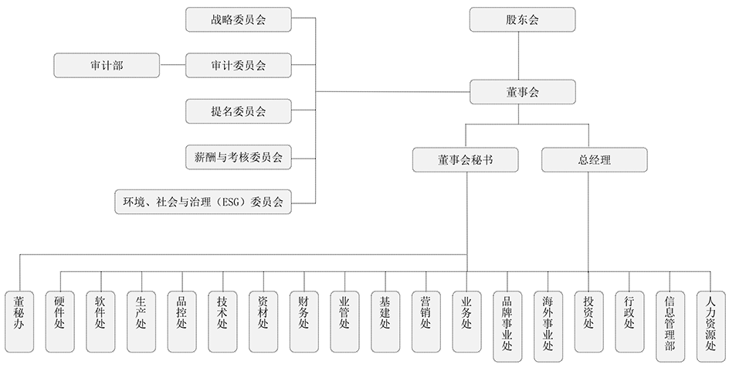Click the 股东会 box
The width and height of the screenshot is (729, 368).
tap(522, 19)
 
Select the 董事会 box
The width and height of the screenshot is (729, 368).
tap(522, 92)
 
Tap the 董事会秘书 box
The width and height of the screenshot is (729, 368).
tap(466, 160)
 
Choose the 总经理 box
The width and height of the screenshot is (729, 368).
tap(595, 160)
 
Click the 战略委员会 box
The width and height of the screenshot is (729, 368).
tap(239, 19)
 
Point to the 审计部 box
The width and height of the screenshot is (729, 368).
tap(107, 65)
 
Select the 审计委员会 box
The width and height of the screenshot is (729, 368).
tap(239, 65)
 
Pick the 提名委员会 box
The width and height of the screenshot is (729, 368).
tap(239, 111)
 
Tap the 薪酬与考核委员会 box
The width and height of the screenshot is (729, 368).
tap(239, 157)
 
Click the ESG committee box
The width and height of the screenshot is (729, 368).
tap(203, 202)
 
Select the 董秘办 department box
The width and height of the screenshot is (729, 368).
tap(19, 322)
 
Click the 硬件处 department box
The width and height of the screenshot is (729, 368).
tap(60, 322)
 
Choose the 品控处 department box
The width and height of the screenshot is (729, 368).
tap(182, 322)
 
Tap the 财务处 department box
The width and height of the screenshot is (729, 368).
tap(304, 322)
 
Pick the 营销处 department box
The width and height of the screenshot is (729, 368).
tap(426, 322)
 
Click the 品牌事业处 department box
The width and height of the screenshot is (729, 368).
tap(507, 326)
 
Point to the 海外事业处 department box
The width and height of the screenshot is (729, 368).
tap(548, 326)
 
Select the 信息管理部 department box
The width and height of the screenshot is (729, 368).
tap(670, 326)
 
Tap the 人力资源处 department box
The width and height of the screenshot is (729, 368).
tap(711, 326)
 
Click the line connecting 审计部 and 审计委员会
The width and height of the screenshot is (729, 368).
tap(172, 65)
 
